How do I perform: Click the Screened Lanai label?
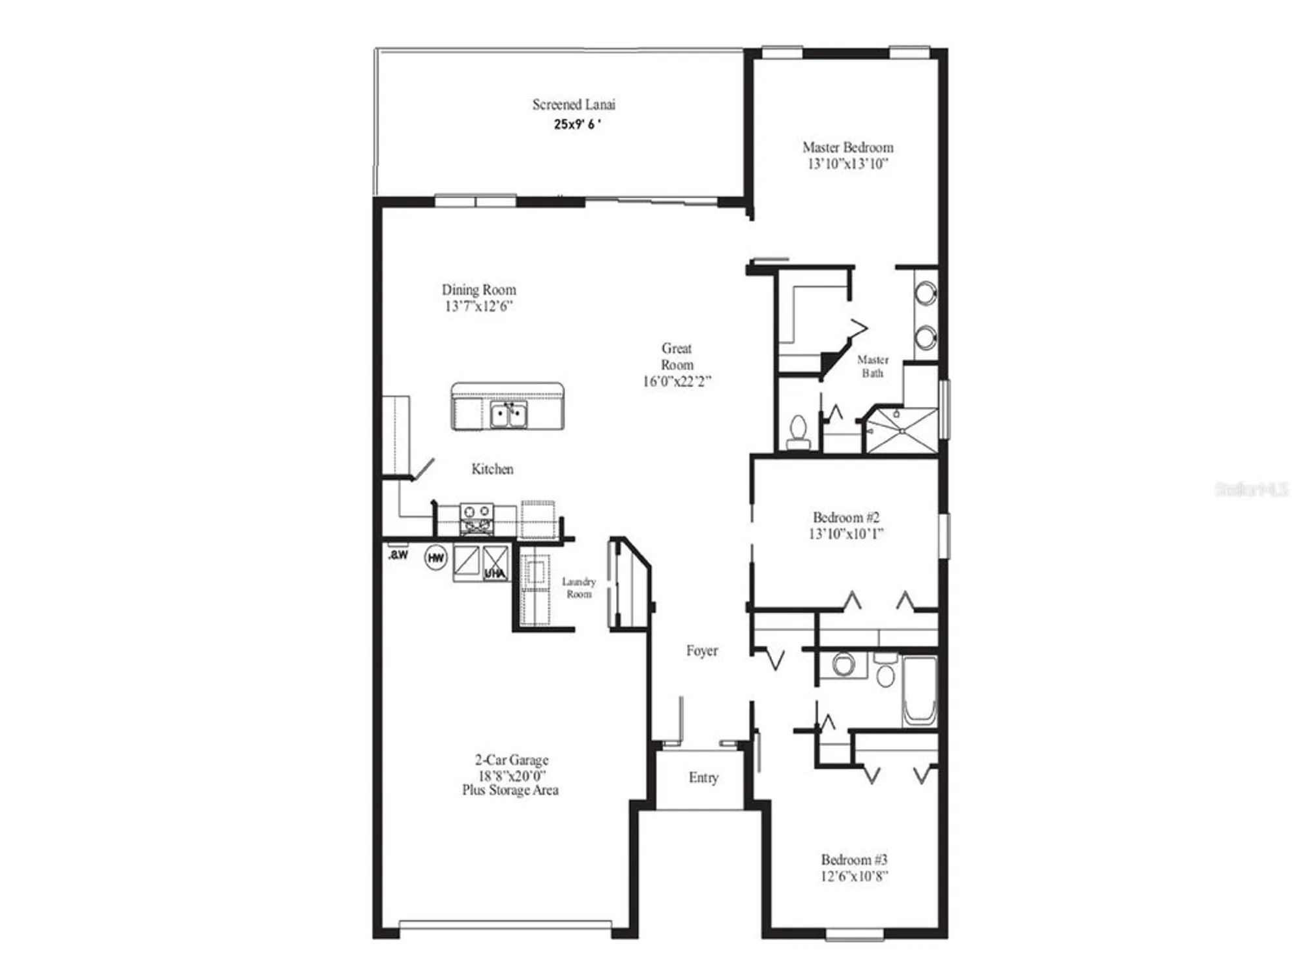tap(573, 104)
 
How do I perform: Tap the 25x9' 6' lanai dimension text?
tap(577, 124)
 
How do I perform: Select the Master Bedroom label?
tap(847, 147)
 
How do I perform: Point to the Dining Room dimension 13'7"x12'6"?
tap(479, 306)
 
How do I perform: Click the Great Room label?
tap(677, 357)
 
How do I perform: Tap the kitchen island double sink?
tap(508, 415)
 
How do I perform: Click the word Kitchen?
tap(492, 469)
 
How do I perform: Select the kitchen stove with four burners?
tap(477, 518)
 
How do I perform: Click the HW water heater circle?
tap(435, 557)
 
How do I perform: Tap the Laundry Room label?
tap(579, 587)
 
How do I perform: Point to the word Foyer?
tap(702, 651)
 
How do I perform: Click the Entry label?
tap(703, 777)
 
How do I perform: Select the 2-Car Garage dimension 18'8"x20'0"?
tap(512, 776)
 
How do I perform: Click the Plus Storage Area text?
tap(510, 790)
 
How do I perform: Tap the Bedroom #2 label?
tap(846, 518)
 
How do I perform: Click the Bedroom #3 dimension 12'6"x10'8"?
tap(854, 876)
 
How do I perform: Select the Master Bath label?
tap(873, 366)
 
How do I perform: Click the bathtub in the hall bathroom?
tap(920, 691)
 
